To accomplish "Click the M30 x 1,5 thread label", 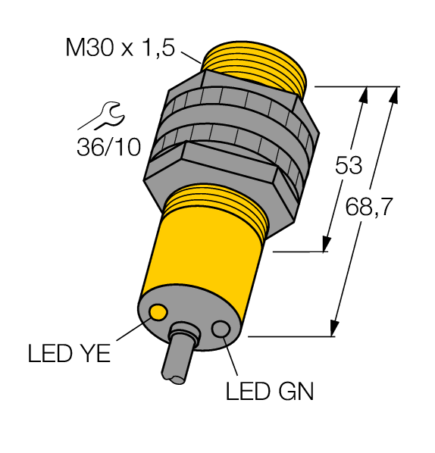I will click(x=120, y=49).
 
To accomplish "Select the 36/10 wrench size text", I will click(x=108, y=146).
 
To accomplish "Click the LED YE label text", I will click(x=68, y=353).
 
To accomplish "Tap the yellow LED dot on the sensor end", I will click(x=158, y=311).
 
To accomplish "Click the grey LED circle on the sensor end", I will click(x=222, y=329).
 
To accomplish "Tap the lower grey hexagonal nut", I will click(x=220, y=170).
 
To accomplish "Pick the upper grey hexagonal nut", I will click(x=243, y=95).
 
